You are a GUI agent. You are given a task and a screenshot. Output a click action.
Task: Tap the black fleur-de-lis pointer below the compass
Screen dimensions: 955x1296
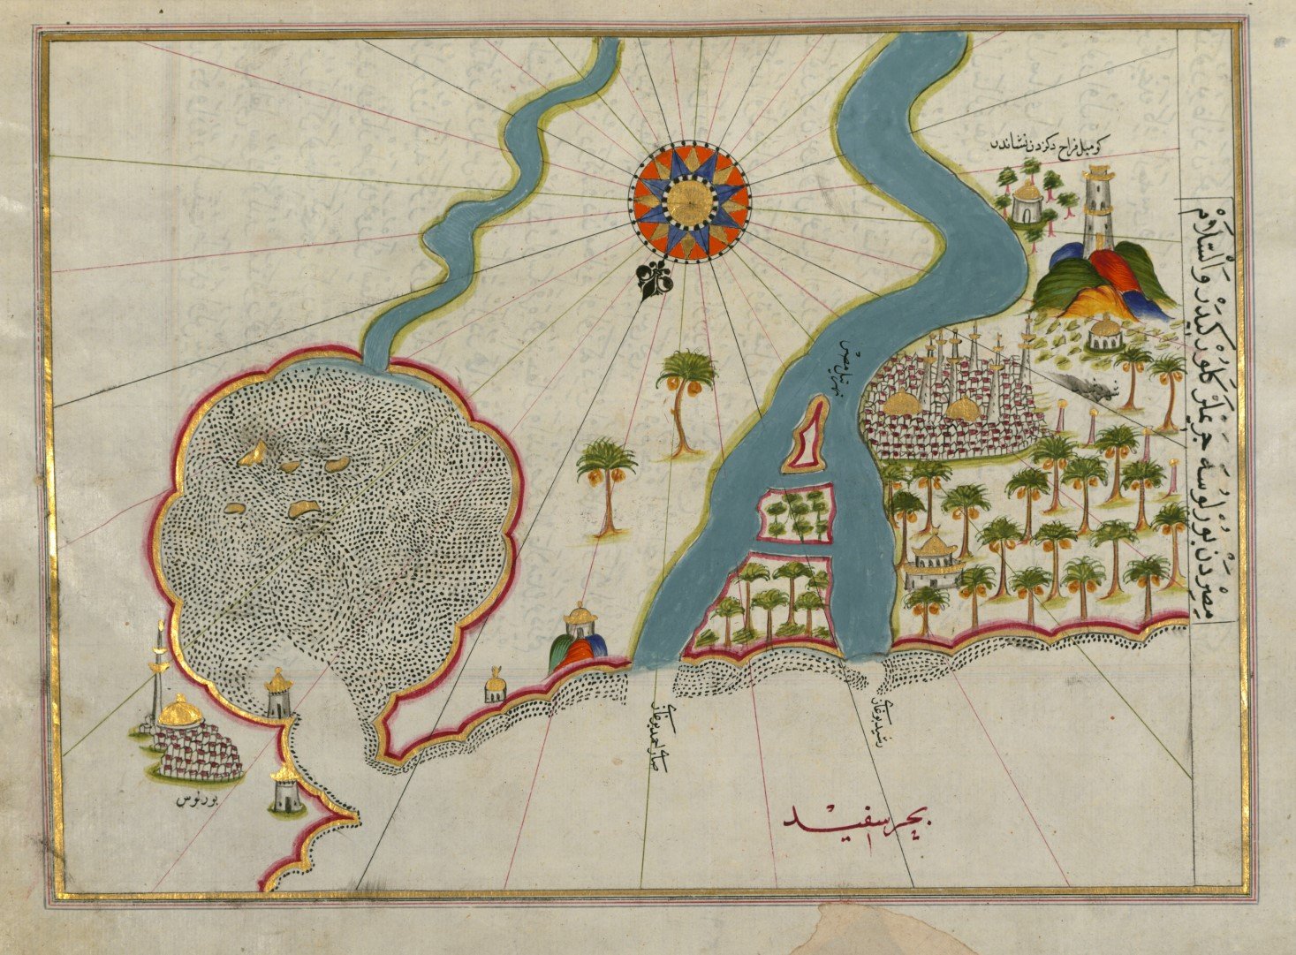[x=655, y=280]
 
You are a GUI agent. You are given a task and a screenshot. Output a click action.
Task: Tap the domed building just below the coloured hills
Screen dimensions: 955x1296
[x=1103, y=334]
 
